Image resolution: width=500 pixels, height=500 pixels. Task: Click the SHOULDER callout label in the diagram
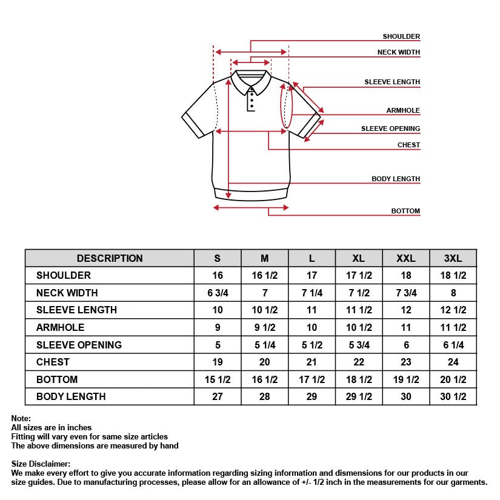(x=401, y=37)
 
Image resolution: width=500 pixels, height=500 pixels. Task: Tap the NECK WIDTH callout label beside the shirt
(x=398, y=53)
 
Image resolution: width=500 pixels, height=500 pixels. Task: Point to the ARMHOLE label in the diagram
(x=403, y=111)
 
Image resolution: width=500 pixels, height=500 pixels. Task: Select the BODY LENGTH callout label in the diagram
(x=395, y=179)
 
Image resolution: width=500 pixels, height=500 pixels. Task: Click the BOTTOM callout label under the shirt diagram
(x=405, y=212)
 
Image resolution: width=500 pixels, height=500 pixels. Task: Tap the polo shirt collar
(x=250, y=81)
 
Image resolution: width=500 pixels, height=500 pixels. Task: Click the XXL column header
(x=405, y=258)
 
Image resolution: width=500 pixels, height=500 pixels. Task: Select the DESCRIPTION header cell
(x=110, y=258)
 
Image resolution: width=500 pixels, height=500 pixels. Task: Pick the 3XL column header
(x=453, y=258)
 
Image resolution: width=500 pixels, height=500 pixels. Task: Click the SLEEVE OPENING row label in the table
(x=79, y=345)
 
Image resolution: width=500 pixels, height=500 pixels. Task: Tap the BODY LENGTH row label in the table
(x=71, y=396)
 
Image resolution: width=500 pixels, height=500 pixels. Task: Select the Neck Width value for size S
(x=218, y=293)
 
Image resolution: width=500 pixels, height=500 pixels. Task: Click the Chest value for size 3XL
(x=453, y=362)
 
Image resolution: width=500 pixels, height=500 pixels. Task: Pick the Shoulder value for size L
(x=312, y=275)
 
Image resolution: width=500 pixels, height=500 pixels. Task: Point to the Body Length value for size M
(x=264, y=396)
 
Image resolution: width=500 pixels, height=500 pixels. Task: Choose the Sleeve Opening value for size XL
(x=359, y=345)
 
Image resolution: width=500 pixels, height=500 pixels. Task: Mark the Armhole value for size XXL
(x=405, y=327)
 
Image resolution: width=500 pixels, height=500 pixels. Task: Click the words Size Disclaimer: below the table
(x=41, y=464)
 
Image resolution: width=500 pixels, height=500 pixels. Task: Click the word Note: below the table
(x=21, y=418)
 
